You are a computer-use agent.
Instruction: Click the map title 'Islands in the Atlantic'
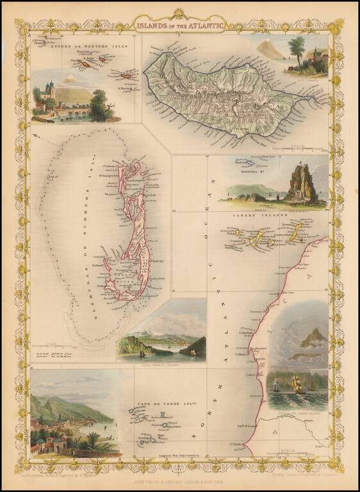coord(181,26)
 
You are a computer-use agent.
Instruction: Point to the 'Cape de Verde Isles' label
coord(153,406)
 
